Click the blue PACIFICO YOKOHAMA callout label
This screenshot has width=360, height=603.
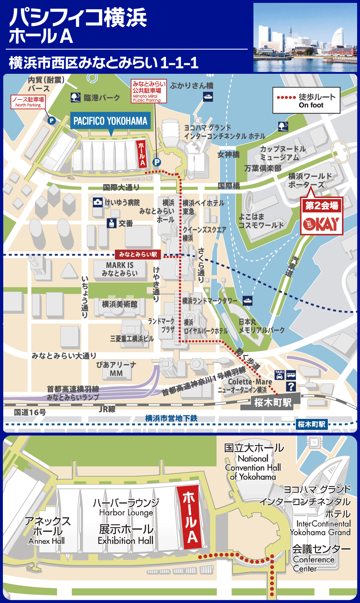click(110, 121)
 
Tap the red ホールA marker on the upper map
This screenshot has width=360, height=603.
click(141, 154)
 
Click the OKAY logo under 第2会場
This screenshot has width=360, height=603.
click(321, 224)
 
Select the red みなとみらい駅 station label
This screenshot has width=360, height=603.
click(138, 255)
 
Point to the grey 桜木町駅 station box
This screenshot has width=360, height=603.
click(272, 402)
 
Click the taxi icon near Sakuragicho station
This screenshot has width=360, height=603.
click(279, 375)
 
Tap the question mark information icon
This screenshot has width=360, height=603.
click(291, 387)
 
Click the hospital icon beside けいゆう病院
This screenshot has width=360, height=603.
click(98, 202)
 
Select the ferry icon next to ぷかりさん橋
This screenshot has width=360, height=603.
click(208, 96)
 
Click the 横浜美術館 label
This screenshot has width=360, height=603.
click(120, 304)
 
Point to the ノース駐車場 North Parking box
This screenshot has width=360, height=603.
click(28, 102)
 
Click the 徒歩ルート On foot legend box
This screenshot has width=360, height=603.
click(306, 100)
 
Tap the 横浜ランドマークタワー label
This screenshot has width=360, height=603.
click(210, 301)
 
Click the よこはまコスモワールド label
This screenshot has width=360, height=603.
click(261, 221)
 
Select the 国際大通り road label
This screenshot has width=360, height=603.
click(121, 187)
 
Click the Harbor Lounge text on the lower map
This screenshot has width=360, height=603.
click(126, 512)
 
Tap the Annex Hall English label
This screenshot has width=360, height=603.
click(46, 541)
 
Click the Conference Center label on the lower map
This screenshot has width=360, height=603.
click(313, 564)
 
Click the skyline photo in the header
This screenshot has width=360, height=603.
click(305, 37)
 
